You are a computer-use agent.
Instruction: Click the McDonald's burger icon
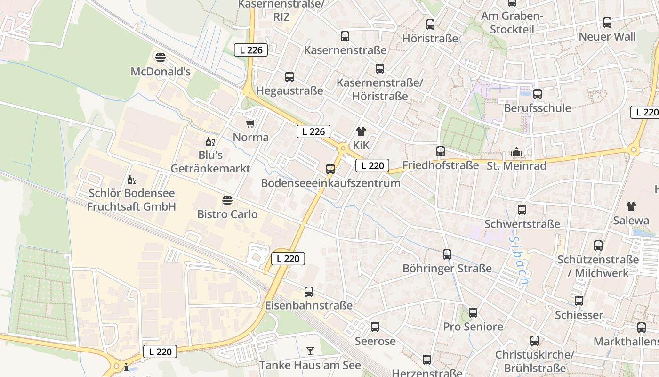click(x=161, y=57)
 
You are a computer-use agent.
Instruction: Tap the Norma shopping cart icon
click(x=250, y=123)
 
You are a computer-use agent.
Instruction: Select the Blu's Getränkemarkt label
click(x=210, y=162)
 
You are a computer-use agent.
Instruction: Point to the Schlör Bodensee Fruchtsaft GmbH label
click(x=131, y=200)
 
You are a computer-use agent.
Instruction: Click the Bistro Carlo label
click(x=227, y=214)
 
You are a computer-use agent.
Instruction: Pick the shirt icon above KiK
click(x=361, y=131)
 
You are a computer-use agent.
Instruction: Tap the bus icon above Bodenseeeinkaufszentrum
click(x=330, y=169)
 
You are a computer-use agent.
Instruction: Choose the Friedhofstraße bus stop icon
click(x=441, y=151)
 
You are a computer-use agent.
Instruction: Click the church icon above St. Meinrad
click(x=516, y=152)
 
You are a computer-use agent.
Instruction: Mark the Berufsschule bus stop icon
click(x=538, y=94)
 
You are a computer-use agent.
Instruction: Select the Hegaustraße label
click(x=289, y=90)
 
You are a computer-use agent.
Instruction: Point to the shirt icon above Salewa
click(x=631, y=206)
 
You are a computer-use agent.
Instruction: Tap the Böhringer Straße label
click(x=447, y=269)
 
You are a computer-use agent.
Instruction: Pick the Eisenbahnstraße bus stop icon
click(x=309, y=292)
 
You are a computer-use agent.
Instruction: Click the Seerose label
click(x=375, y=341)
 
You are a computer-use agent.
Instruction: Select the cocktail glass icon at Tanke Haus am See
click(x=310, y=351)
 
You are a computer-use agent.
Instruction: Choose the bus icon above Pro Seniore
click(x=473, y=313)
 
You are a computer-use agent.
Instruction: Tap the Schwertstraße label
click(x=522, y=224)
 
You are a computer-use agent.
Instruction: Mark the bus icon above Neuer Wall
click(x=607, y=23)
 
